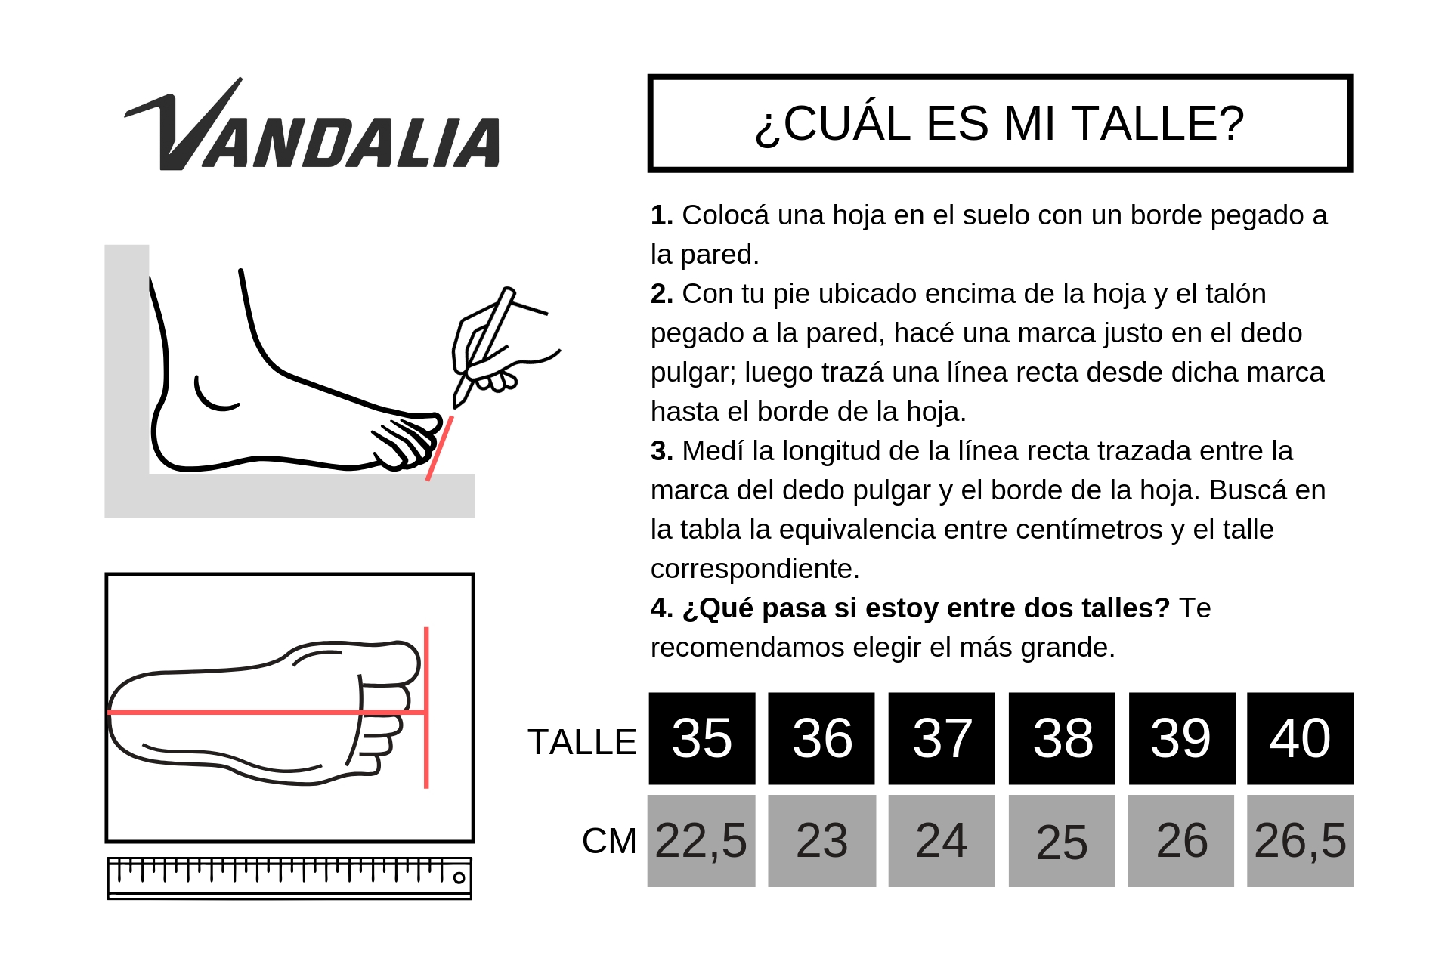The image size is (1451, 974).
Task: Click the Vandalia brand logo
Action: pos(312,125)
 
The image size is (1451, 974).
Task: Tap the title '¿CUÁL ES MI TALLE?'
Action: pos(999,123)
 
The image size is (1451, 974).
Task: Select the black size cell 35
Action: pos(701,738)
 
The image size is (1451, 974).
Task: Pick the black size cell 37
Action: pos(941,738)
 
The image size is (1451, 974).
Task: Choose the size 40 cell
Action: pos(1300,738)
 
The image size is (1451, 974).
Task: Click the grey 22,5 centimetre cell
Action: pos(701,840)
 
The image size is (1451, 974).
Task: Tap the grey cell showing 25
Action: pos(1062,840)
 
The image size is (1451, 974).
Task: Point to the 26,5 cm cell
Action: pos(1300,840)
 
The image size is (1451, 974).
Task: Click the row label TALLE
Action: pos(582,742)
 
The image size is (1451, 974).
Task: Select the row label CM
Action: pos(609,841)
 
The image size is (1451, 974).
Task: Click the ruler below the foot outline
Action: pos(289,878)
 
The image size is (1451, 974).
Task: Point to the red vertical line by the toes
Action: pos(426,707)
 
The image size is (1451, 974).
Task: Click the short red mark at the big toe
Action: pos(439,448)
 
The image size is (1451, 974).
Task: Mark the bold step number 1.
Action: pos(661,215)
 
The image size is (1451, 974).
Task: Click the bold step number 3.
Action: pos(661,451)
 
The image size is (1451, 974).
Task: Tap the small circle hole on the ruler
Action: pos(459,877)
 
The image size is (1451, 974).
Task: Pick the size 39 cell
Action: pos(1181,738)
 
